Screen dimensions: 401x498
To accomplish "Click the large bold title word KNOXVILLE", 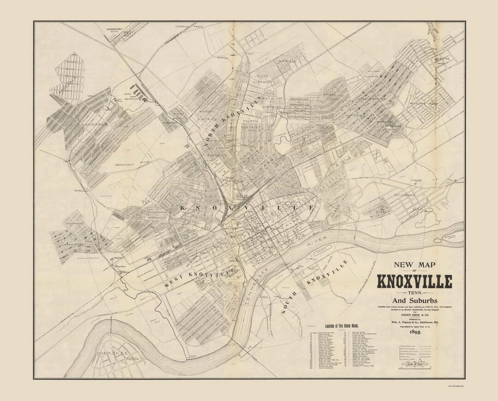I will pos(415,281).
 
